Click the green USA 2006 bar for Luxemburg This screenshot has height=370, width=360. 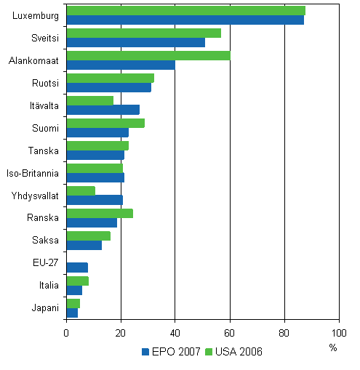(185, 11)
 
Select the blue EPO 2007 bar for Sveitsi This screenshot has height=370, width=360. (135, 42)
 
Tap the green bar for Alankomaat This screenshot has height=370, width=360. (148, 56)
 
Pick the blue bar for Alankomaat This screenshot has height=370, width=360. (121, 65)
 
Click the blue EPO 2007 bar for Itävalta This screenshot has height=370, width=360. (103, 110)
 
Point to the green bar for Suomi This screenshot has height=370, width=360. (105, 123)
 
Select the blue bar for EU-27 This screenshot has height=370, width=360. (77, 268)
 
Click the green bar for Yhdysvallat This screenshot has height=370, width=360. (81, 190)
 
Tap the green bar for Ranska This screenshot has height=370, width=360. (100, 213)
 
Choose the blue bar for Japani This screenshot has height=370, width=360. (72, 313)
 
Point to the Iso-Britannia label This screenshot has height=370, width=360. (33, 173)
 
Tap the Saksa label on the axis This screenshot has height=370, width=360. (46, 241)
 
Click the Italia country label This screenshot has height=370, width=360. (47, 286)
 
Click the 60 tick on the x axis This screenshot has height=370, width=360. (230, 334)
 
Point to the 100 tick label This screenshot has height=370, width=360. (338, 334)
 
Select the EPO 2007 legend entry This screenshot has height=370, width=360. (172, 352)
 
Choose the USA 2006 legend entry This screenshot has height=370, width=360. (236, 352)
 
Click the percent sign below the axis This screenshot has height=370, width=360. (333, 348)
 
